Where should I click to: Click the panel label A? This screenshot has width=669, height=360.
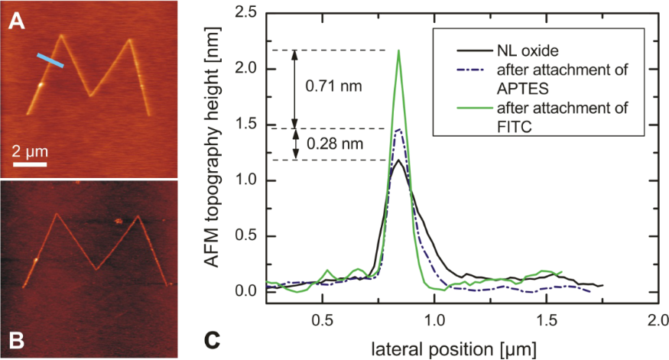[x=15, y=22]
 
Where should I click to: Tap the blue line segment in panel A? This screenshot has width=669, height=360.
[x=51, y=60]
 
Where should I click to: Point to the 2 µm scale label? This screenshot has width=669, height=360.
[x=29, y=149]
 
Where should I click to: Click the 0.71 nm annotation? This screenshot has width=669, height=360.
[x=334, y=86]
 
